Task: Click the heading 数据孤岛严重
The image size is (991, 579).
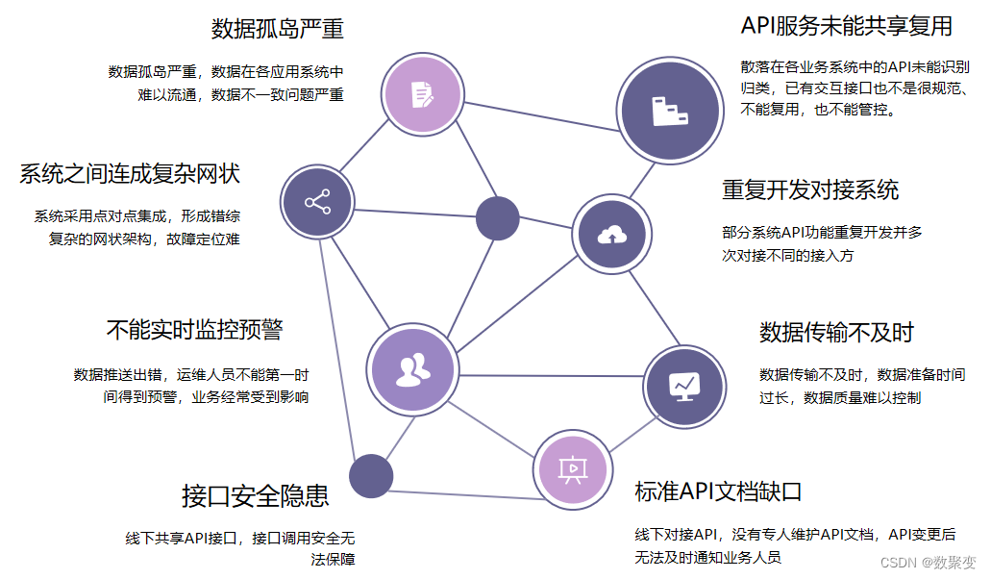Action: click(277, 28)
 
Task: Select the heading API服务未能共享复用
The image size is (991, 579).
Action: click(847, 25)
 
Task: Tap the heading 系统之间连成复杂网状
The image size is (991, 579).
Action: click(129, 174)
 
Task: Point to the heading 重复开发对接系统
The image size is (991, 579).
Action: click(810, 189)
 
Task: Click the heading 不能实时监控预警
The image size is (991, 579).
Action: click(193, 330)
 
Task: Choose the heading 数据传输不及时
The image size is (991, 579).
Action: click(836, 332)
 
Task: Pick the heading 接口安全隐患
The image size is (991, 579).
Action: click(255, 495)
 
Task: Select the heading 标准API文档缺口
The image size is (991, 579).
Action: click(718, 492)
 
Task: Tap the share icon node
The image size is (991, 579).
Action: click(317, 202)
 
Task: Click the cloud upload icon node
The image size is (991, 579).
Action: click(610, 234)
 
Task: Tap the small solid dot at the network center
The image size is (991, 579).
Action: click(497, 216)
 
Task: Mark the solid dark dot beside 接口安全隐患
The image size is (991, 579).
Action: click(371, 475)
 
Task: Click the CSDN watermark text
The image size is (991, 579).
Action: click(928, 563)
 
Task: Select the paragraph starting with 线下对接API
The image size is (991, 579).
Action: click(794, 545)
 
